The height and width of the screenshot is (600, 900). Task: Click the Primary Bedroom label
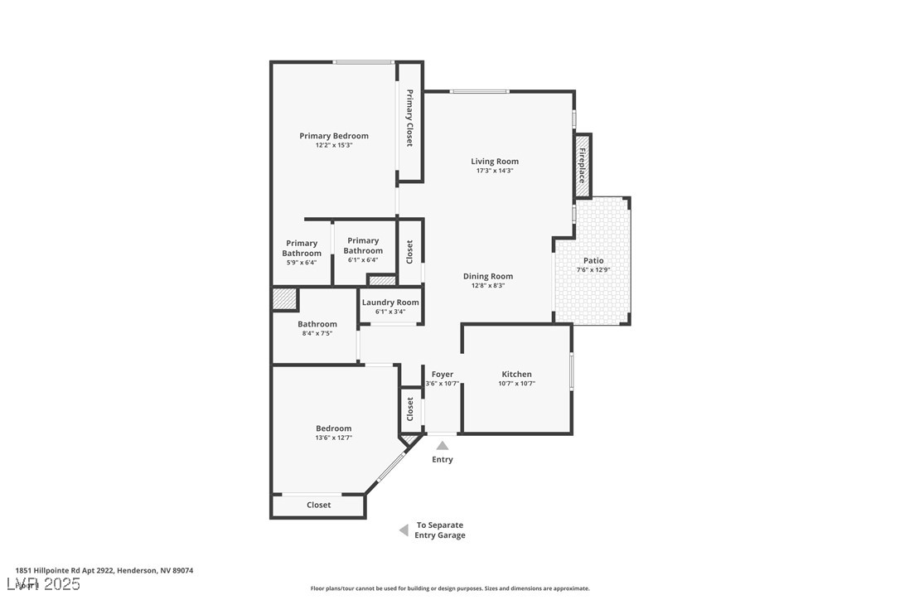point(334,136)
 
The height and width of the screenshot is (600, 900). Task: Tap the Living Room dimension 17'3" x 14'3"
point(495,171)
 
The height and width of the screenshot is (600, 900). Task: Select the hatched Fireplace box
point(583,166)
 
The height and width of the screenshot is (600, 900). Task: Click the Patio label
point(593,260)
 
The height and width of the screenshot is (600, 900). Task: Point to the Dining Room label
point(487,276)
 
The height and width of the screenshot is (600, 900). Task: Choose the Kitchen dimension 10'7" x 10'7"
point(516,384)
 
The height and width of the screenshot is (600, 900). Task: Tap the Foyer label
point(443,375)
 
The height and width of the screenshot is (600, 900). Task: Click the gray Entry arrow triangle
point(443,446)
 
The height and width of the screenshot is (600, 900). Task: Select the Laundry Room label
point(390,302)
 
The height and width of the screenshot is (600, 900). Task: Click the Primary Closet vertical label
point(409,118)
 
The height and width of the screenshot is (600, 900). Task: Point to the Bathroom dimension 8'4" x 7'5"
point(317,334)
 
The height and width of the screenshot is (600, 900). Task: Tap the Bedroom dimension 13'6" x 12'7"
point(333,438)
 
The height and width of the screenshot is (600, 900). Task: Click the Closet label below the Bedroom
point(319,505)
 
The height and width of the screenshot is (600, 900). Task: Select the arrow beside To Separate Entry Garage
point(404,530)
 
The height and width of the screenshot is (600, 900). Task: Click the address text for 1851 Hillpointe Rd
point(104,570)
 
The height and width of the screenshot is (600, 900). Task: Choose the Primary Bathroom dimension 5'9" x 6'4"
point(302,263)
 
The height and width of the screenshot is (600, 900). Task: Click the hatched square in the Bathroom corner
point(284,299)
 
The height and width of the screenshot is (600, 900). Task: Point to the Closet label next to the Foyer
point(410,409)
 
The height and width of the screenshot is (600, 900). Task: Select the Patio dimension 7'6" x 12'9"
point(593,270)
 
